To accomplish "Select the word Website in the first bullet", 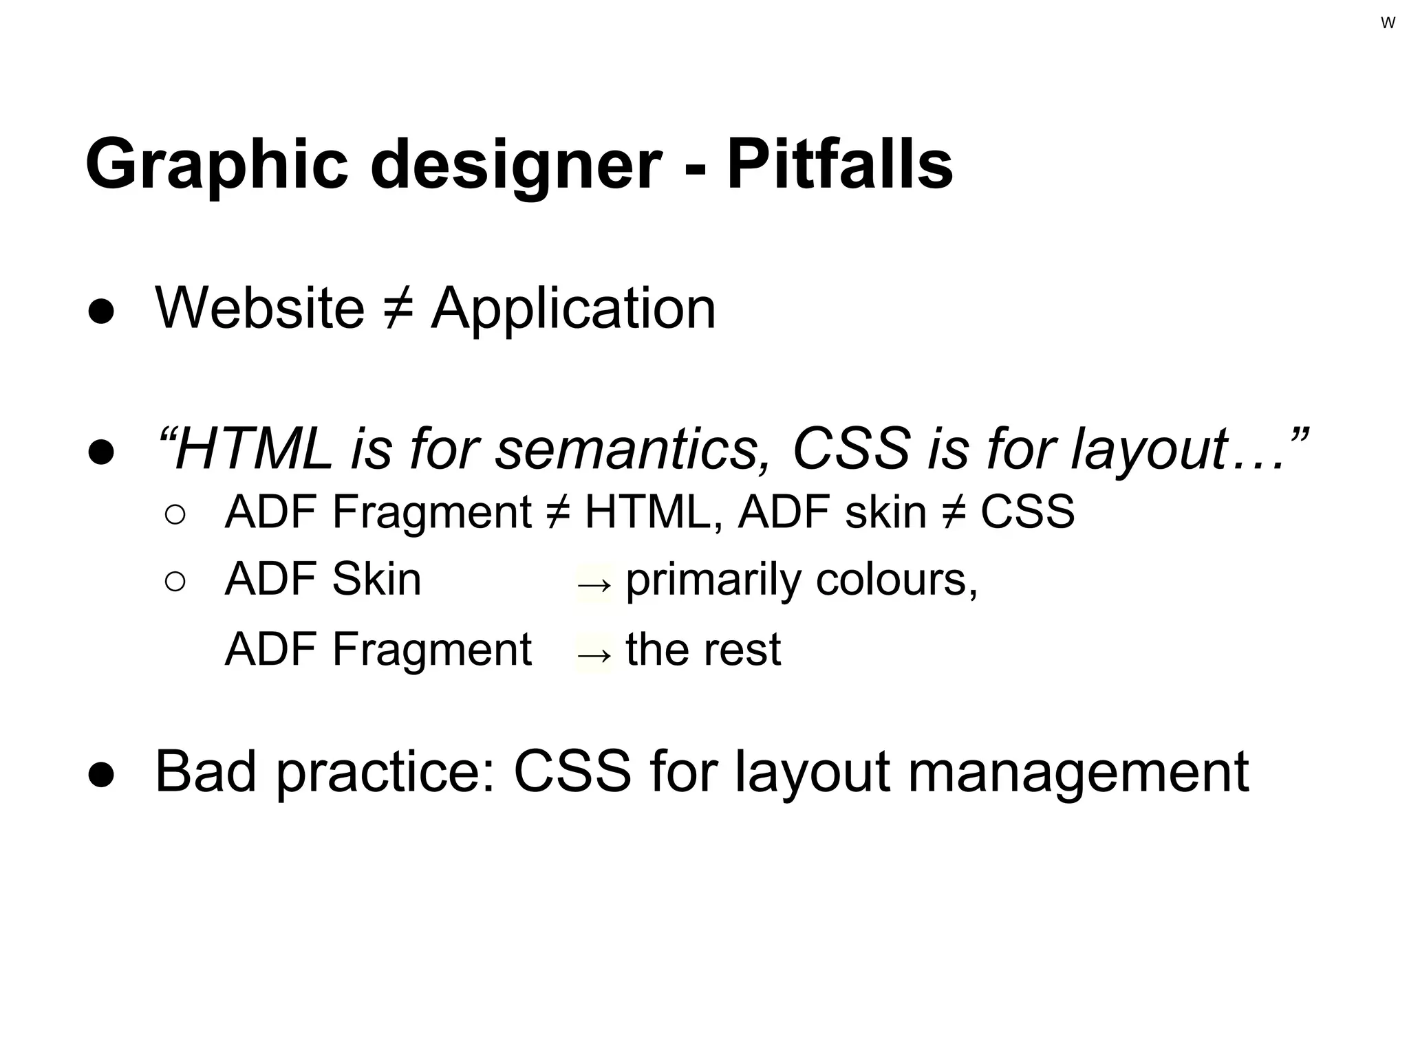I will click(260, 308).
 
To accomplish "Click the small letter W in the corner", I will click(1388, 23).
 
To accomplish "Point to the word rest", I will click(742, 650).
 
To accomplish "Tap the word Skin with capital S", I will click(376, 580).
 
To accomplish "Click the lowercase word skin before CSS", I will click(885, 512).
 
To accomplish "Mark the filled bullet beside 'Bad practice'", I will click(101, 775).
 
